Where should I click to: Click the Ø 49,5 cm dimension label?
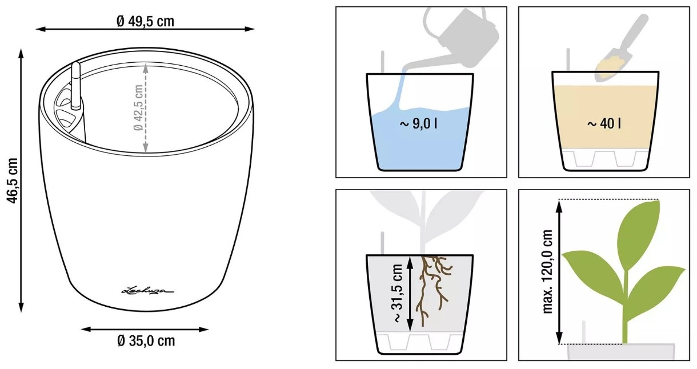[145, 21]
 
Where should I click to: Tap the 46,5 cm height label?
[13, 181]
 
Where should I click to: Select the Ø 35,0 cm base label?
[146, 340]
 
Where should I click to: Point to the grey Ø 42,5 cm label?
[138, 107]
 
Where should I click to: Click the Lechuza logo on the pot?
[147, 291]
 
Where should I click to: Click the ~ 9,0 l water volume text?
[419, 124]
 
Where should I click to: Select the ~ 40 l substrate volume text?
[604, 124]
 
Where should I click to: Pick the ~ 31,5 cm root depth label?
[398, 293]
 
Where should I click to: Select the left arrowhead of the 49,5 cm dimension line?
[41, 29]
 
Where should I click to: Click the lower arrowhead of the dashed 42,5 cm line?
[146, 148]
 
